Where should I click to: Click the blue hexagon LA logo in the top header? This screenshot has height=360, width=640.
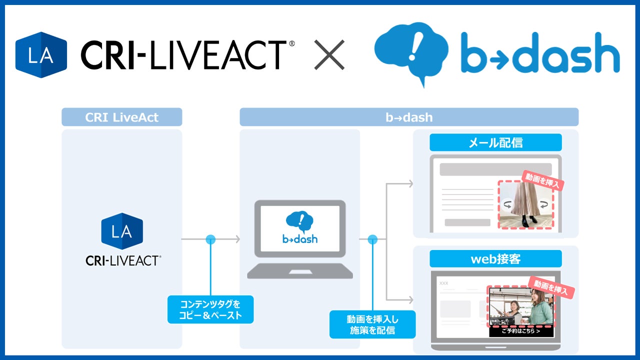coord(41,54)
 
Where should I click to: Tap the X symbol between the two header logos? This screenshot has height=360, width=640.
coord(329,54)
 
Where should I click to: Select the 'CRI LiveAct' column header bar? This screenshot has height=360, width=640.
coord(121,117)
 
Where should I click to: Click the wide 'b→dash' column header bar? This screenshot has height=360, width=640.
coord(408,117)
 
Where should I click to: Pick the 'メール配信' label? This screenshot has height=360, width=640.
coord(495,142)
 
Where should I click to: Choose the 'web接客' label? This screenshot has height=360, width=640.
coord(495,259)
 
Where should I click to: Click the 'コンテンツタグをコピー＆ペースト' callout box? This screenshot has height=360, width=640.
coord(210,309)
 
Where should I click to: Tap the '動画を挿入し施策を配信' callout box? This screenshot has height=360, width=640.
coord(372,324)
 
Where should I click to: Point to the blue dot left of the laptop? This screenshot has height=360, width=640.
coord(210,239)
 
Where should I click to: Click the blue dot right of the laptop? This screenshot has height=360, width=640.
coord(372,239)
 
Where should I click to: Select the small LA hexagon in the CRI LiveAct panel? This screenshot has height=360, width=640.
coord(121,231)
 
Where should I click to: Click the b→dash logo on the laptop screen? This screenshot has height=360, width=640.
coord(300,227)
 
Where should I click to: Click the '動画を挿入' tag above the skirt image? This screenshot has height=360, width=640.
coord(543,180)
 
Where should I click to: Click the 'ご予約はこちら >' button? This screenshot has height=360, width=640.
coord(520,331)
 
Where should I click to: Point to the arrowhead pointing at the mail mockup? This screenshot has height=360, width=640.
coord(410,184)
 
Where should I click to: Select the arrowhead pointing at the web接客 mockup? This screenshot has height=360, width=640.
coord(410,300)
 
